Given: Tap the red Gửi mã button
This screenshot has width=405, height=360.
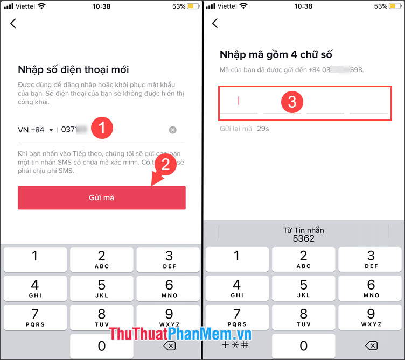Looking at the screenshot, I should point(101,197).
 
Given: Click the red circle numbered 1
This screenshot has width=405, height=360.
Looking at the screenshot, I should point(101,128).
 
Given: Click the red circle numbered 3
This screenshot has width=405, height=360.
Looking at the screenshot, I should point(292,102).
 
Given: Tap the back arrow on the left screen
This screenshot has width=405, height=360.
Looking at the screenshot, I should point(13,23).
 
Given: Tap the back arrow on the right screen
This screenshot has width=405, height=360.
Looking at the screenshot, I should point(215,23).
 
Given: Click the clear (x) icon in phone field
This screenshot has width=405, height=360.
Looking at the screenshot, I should point(172,130).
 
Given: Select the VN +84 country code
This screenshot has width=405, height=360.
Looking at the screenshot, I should point(36,130).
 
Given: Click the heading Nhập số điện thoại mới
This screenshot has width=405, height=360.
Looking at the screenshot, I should point(73,70).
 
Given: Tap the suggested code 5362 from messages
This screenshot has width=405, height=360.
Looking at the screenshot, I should point(303,234).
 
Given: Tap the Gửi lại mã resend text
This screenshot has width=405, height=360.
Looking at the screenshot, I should point(236,129).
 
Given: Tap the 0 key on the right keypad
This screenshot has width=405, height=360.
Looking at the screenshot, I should point(303,345).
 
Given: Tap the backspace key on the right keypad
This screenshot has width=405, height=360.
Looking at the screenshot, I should point(371,345).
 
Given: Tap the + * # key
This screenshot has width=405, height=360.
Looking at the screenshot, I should point(236,345).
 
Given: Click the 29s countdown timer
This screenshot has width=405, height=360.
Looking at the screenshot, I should point(262,129).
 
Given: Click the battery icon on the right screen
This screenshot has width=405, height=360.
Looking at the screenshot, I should point(395,6).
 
